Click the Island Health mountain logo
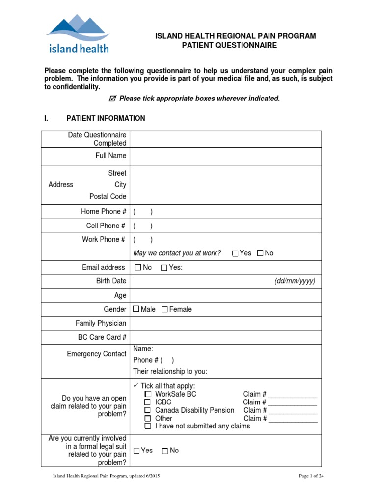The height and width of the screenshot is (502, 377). tap(78, 33)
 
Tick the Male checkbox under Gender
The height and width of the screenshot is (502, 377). tap(136, 309)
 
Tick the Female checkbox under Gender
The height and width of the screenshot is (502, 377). tap(164, 309)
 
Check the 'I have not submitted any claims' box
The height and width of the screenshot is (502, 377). tap(148, 427)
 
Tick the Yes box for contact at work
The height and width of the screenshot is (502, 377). tap(235, 253)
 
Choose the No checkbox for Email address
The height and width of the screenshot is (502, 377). tap(137, 268)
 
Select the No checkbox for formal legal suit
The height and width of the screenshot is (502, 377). tap(165, 451)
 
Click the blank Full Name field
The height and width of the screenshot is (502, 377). tap(226, 156)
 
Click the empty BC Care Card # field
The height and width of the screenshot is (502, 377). tap(226, 337)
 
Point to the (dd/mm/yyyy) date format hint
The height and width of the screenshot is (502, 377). tap(295, 281)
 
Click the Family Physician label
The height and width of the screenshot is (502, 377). tap(101, 324)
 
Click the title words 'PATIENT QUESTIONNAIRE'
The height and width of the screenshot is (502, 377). tap(229, 45)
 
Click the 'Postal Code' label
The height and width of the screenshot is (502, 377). tap(108, 196)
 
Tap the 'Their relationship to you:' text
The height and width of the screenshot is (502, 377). tap(170, 371)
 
